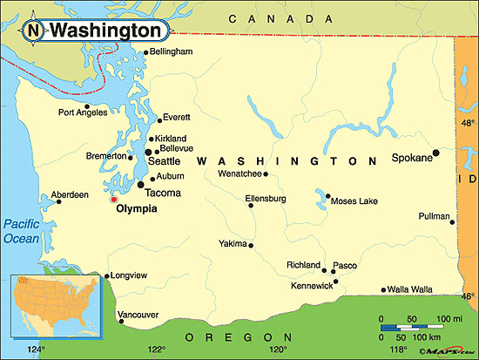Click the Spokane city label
tap(411, 160)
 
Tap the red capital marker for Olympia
tap(113, 200)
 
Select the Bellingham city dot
tap(146, 52)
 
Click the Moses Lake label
tap(355, 201)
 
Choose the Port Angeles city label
tap(82, 112)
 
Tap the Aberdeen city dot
tap(59, 202)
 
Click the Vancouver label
tap(138, 314)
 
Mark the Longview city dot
tap(107, 276)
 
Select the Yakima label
tap(232, 243)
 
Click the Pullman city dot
tap(452, 221)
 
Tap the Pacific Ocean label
tap(20, 231)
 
